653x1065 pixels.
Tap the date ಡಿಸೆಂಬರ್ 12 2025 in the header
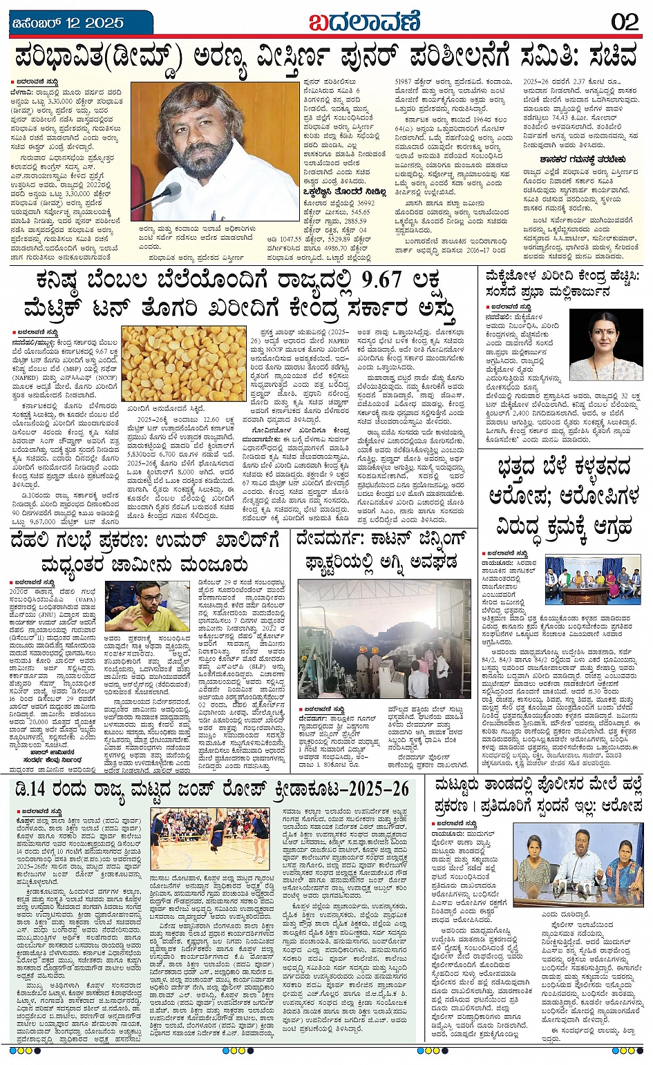68,22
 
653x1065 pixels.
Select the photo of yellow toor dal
183,363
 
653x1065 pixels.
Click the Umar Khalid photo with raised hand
146,606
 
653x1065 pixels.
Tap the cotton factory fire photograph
384,639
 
